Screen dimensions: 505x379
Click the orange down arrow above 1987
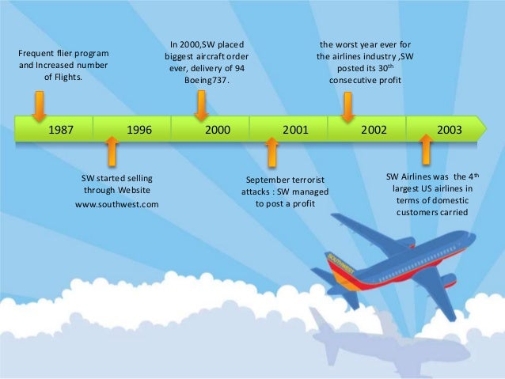point(38,105)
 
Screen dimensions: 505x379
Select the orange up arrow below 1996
point(112,150)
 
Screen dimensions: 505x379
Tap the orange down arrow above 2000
point(201,104)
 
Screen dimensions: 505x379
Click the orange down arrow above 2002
point(347,105)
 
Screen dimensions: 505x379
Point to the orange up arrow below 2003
point(426,148)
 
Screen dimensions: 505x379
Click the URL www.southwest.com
point(117,204)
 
